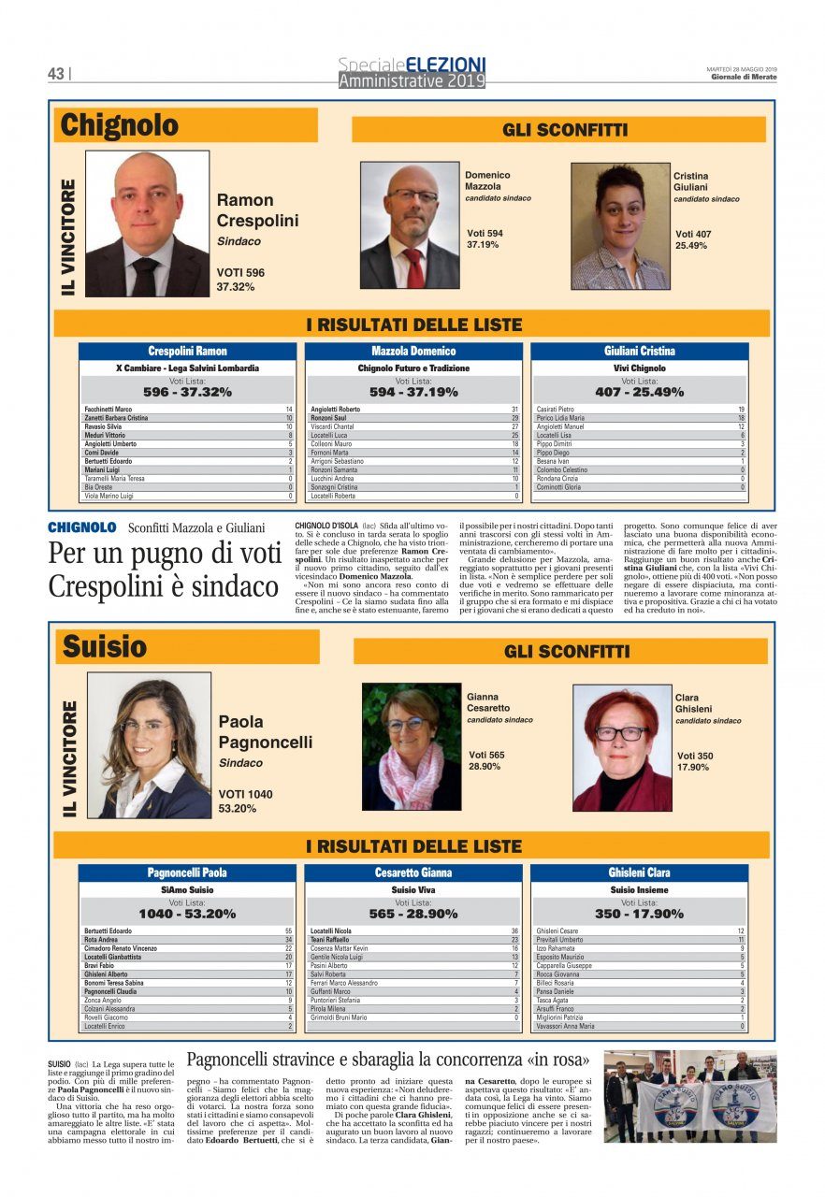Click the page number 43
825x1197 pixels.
(56, 73)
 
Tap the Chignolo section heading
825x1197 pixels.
(119, 125)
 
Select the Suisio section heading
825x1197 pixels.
(105, 646)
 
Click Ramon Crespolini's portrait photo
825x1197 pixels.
(148, 224)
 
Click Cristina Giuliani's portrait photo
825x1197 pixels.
(620, 226)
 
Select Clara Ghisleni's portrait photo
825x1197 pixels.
(622, 748)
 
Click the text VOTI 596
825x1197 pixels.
(240, 273)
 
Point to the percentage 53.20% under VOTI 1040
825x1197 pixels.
(238, 808)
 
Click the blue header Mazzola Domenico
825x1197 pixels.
(413, 352)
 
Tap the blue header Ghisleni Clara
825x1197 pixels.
(640, 873)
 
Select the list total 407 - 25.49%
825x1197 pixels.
(640, 393)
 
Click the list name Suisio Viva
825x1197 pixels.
(413, 890)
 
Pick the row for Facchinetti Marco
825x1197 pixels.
(187, 410)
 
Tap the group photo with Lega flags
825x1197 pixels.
(689, 1096)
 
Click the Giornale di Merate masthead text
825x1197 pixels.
(743, 77)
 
